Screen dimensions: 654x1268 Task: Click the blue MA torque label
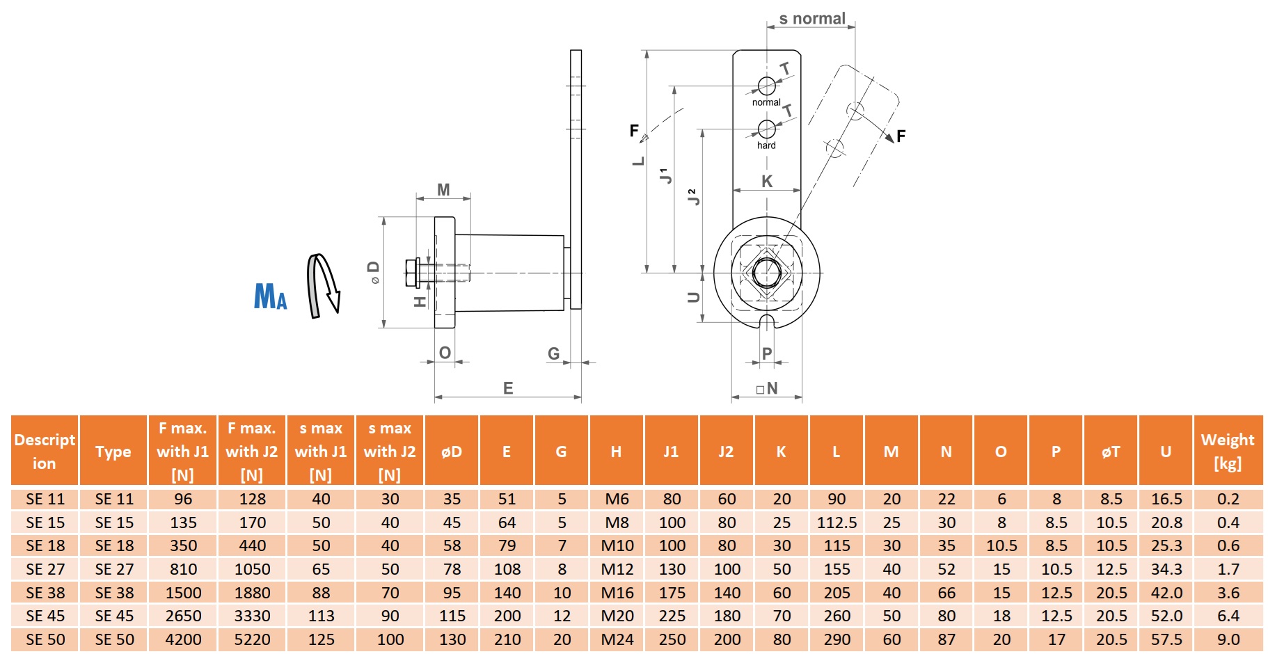click(x=270, y=296)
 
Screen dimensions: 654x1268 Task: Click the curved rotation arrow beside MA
click(x=323, y=285)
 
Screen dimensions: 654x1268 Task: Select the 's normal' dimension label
click(x=811, y=19)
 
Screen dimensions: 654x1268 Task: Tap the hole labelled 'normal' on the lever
click(x=766, y=86)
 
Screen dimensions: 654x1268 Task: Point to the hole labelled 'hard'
click(x=766, y=129)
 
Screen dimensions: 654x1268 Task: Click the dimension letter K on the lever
click(x=767, y=182)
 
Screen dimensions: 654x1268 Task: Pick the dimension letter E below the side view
click(x=508, y=388)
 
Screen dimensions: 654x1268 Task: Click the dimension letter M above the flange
click(x=443, y=189)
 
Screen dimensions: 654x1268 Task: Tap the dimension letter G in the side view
click(x=553, y=353)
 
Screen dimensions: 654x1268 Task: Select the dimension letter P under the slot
click(x=767, y=353)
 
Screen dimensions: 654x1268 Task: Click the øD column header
click(x=452, y=452)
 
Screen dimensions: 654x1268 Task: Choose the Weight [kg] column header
click(x=1228, y=451)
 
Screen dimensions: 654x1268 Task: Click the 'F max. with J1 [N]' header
click(x=183, y=451)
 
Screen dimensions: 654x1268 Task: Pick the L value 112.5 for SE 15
click(x=837, y=523)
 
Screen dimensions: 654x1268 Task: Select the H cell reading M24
click(x=617, y=639)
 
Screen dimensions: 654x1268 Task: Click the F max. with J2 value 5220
click(x=252, y=639)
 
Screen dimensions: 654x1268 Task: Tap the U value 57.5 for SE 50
click(x=1166, y=639)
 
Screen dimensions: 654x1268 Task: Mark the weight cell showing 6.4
click(x=1228, y=616)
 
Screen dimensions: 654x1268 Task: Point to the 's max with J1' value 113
click(x=321, y=616)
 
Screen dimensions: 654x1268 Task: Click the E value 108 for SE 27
click(x=507, y=569)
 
